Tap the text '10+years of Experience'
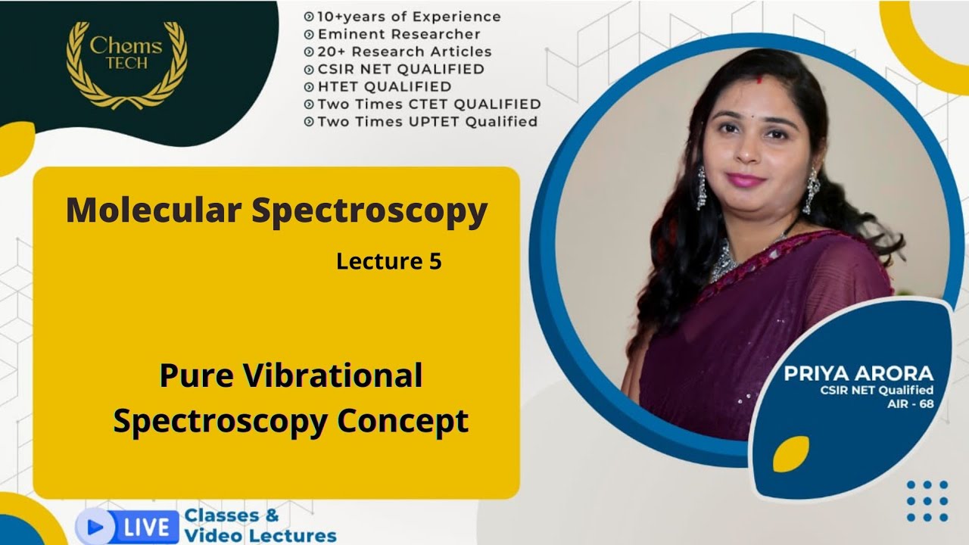(409, 16)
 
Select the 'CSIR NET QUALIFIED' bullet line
(400, 69)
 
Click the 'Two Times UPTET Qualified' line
(427, 121)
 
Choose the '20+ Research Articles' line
(404, 51)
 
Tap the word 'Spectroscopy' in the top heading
(369, 212)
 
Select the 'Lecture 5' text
(389, 262)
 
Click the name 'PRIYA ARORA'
(858, 373)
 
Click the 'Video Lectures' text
(260, 536)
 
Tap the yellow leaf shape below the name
(790, 454)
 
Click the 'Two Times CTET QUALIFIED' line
(428, 104)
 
